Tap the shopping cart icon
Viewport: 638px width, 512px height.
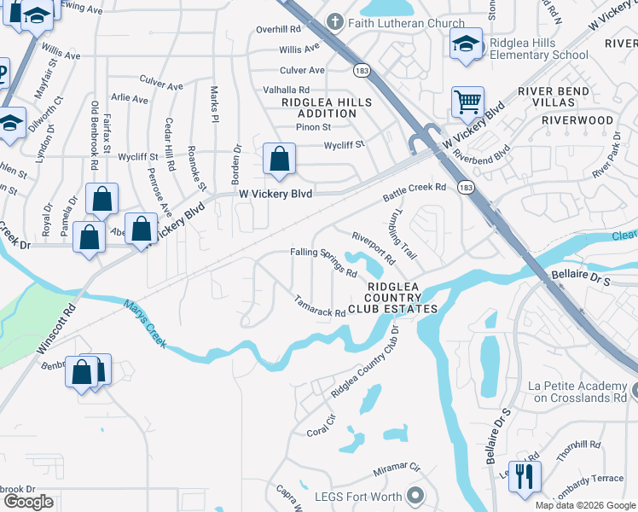click(x=467, y=102)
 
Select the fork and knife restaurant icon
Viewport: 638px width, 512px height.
click(x=525, y=475)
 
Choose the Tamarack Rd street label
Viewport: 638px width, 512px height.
click(x=320, y=306)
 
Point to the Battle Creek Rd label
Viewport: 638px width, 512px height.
click(x=415, y=192)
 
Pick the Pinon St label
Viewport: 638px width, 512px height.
click(x=313, y=127)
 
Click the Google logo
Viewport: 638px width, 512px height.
click(x=29, y=502)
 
